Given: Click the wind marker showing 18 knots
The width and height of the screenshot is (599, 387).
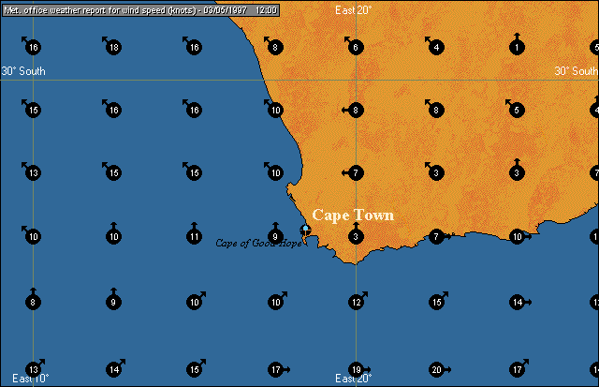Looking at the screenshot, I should pos(113,48).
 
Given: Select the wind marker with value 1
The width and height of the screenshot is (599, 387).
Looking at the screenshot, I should pos(517,48).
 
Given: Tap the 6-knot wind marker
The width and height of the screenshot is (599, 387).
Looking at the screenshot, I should pos(356,48).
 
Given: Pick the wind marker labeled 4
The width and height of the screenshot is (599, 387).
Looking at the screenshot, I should pos(436,48).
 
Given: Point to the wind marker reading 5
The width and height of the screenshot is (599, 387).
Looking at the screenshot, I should pos(517,111).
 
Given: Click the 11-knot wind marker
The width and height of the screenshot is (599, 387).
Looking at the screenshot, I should pos(194,237).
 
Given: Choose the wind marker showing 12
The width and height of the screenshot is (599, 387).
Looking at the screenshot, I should pos(356,303).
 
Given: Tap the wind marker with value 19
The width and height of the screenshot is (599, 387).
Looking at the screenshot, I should pos(356,369).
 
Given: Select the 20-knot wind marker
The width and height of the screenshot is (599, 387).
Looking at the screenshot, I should pos(436,369).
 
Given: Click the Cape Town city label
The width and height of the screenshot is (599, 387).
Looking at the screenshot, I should pos(353,216).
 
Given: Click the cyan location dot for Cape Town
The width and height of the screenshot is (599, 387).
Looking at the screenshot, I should pos(305,229).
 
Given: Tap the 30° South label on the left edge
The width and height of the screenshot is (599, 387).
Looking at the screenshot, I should pos(22,71).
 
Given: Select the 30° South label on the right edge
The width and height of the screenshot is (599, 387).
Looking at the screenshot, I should pos(576,71).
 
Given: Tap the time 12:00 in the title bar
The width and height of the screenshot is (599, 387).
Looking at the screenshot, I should pos(265,7).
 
